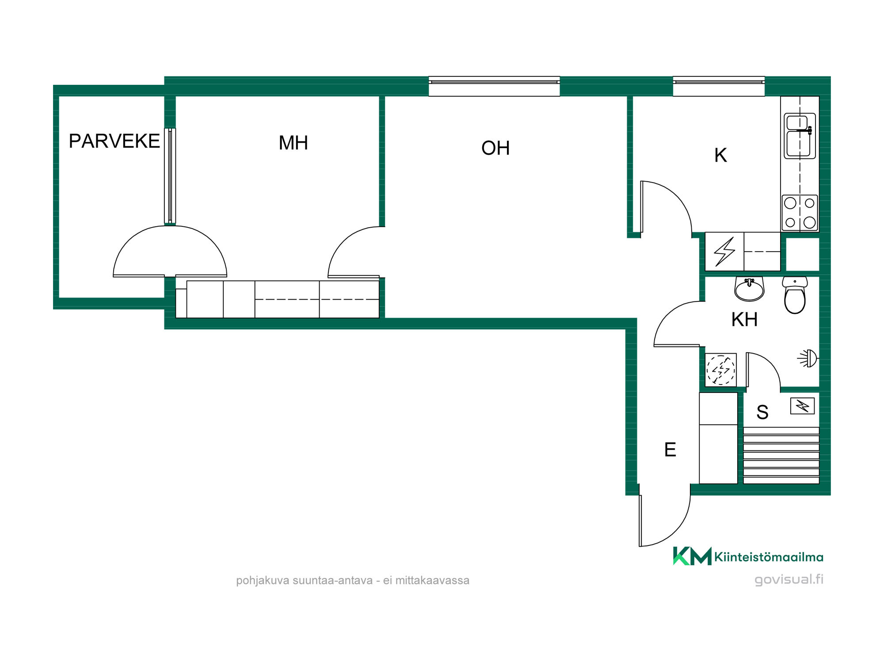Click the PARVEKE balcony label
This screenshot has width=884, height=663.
[114, 141]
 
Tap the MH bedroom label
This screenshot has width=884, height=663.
[293, 143]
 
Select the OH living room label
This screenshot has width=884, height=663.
[495, 148]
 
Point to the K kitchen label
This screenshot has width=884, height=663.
[720, 155]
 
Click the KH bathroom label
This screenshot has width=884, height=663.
[744, 319]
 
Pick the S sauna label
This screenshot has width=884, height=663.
[762, 412]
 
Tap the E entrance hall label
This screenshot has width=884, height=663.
[670, 450]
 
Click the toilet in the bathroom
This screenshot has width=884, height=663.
[795, 295]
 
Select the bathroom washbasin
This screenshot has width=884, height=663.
[749, 289]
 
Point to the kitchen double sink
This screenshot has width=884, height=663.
[800, 136]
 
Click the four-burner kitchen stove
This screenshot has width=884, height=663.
[800, 213]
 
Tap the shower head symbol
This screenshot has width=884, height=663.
[808, 358]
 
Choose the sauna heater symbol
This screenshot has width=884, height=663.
[802, 406]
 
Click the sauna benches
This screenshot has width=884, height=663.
[781, 455]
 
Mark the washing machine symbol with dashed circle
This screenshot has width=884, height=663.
[720, 370]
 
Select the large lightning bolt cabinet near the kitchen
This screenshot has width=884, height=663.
[724, 251]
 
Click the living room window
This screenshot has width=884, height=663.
[494, 86]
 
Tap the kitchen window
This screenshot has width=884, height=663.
[719, 86]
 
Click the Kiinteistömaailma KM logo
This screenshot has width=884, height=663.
[748, 556]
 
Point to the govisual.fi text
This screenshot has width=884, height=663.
[789, 579]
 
